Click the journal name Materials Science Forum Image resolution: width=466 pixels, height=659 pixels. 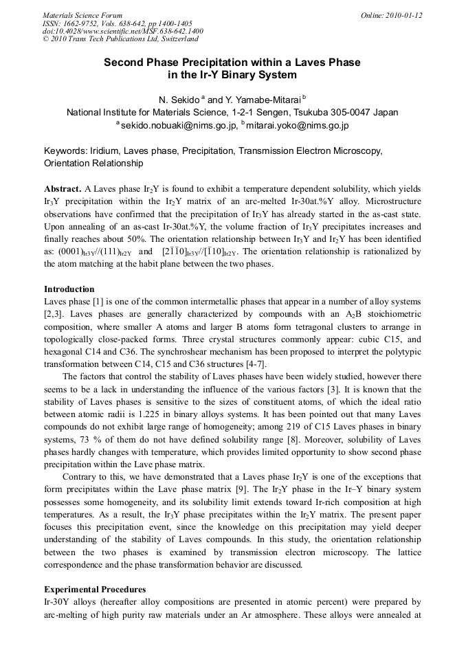click(82, 15)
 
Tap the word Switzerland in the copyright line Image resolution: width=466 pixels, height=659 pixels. click(175, 40)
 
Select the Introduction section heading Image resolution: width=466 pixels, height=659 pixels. click(69, 289)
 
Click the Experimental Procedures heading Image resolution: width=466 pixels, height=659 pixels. click(95, 590)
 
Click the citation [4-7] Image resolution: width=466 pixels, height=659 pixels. click(255, 364)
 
